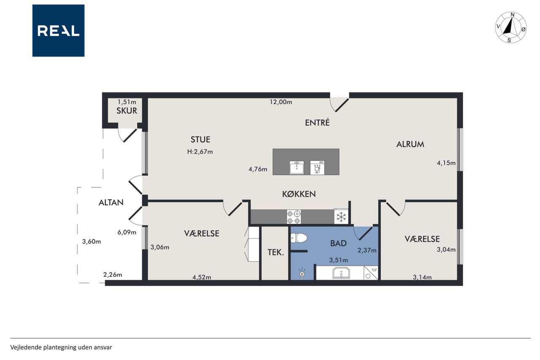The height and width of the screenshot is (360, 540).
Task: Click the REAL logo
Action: point(58,31)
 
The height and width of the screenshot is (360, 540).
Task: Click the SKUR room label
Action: point(127,111)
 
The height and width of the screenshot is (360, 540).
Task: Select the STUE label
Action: point(200,139)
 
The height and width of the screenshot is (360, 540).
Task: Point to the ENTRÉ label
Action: point(317,122)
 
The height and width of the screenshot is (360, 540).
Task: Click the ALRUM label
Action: point(410,144)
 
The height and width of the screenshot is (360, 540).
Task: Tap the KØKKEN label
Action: point(299,194)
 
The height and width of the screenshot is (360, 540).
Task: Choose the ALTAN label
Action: point(111,202)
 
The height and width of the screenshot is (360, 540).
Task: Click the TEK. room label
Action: point(275,252)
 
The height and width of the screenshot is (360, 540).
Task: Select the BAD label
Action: point(338,243)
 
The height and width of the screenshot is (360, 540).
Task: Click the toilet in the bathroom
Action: point(299,238)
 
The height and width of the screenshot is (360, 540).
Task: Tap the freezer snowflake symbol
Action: point(341,217)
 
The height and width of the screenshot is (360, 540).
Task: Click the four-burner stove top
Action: point(294,217)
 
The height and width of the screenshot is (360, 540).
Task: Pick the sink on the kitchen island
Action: point(297,168)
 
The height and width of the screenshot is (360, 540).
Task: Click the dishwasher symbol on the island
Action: point(317,168)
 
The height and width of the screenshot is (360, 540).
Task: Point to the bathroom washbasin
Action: point(341,273)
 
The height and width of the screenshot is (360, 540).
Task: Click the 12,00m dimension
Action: point(281,102)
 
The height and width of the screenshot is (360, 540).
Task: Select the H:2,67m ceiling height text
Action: point(200,152)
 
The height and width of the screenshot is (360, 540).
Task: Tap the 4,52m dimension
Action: point(202,277)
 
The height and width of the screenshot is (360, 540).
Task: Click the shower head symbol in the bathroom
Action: point(302,273)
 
